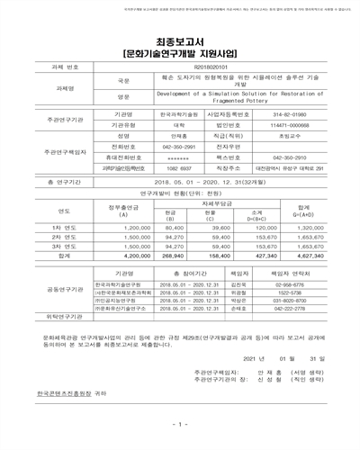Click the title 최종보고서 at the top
pos(179,41)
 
